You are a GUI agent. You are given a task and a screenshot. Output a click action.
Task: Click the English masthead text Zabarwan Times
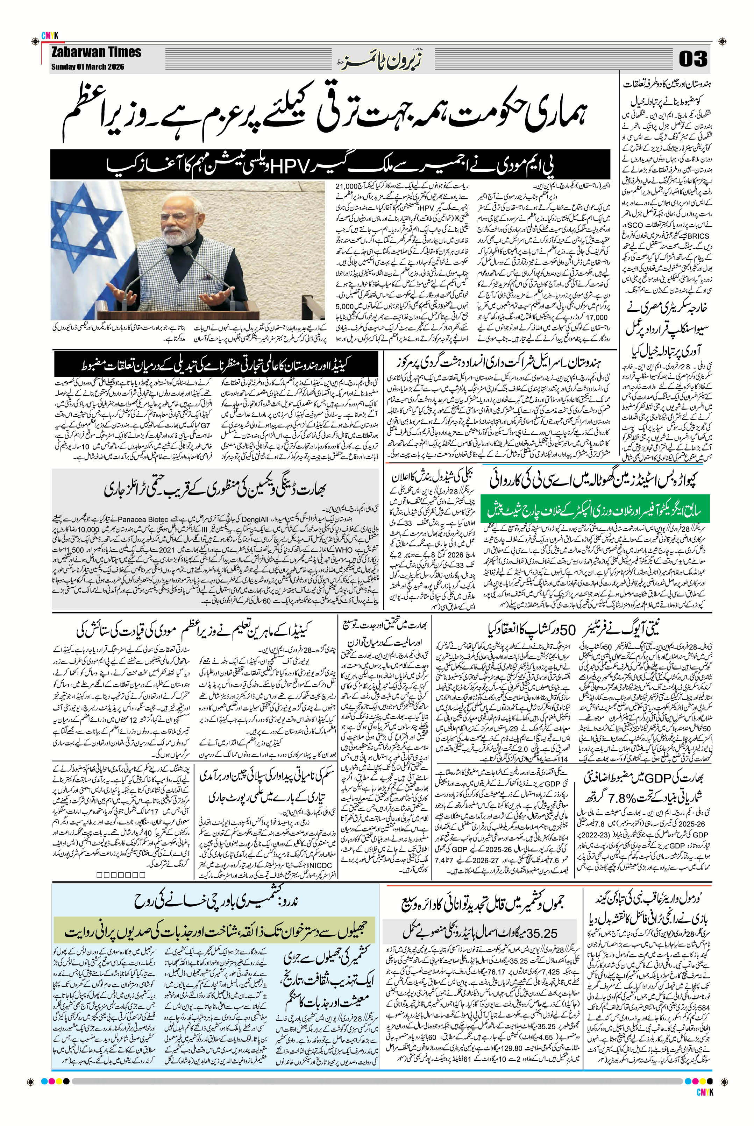(x=96, y=52)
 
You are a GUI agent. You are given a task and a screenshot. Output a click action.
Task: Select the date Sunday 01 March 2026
(x=87, y=67)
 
